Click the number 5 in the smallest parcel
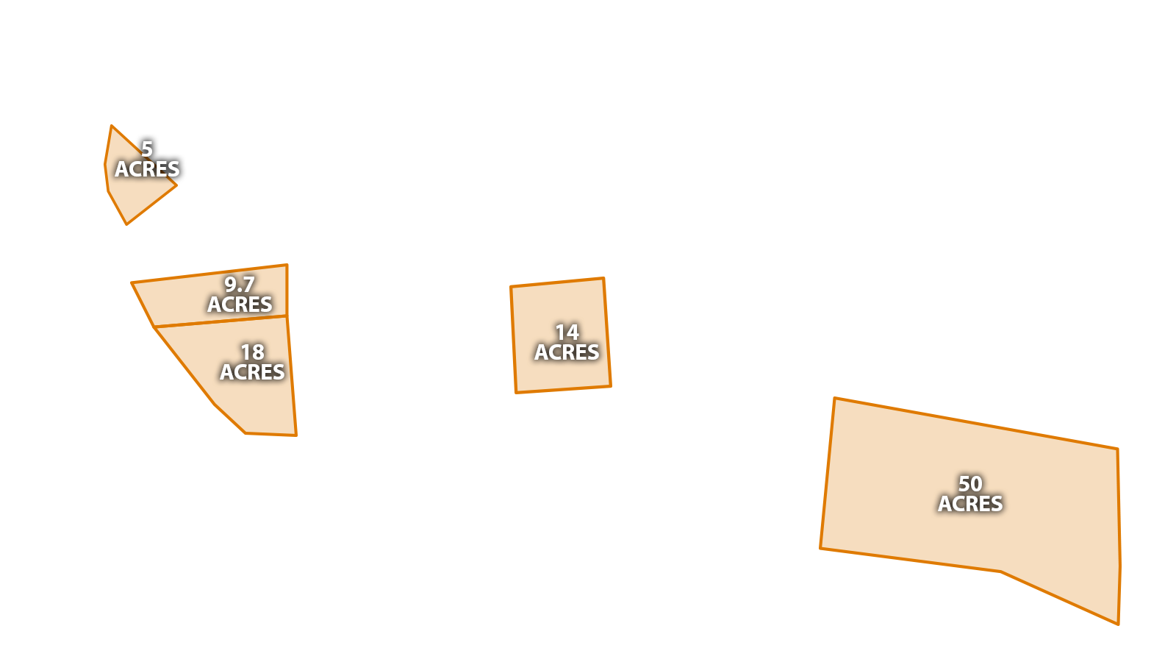click(x=147, y=149)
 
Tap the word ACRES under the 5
click(x=147, y=169)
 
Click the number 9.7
click(x=240, y=285)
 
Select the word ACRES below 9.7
click(x=240, y=305)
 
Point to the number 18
click(x=252, y=352)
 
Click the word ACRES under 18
click(x=252, y=372)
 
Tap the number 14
click(x=567, y=332)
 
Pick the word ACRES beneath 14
click(x=567, y=352)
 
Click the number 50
click(x=970, y=484)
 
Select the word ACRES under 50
click(x=970, y=504)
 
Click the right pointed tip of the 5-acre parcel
click(x=176, y=186)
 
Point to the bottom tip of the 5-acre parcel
click(x=128, y=224)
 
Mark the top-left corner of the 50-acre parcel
click(x=833, y=399)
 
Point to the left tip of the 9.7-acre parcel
click(x=132, y=282)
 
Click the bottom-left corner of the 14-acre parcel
click(x=514, y=392)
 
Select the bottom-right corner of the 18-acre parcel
click(x=295, y=435)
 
